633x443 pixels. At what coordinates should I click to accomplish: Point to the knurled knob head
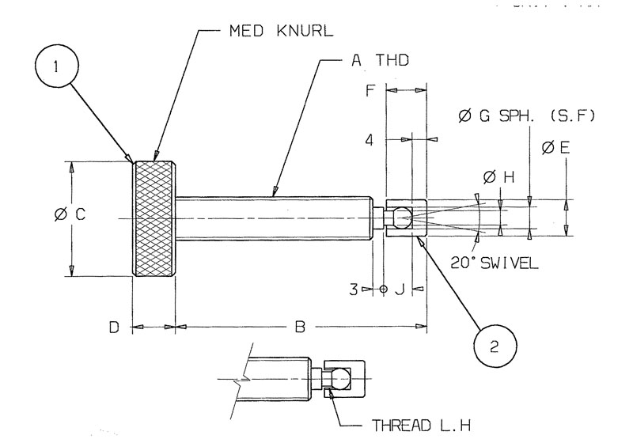pos(154,219)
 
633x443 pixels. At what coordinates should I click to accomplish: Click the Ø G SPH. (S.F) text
pos(526,116)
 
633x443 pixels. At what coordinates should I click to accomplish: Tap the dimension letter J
pos(400,290)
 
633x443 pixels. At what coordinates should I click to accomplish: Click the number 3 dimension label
pos(356,290)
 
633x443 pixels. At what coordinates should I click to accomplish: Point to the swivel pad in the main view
pos(406,218)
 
